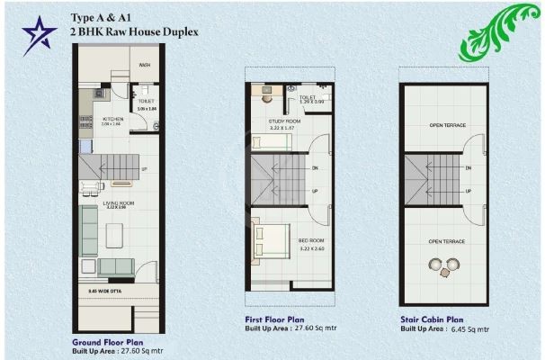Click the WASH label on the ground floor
click(x=145, y=65)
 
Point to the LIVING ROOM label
click(x=121, y=204)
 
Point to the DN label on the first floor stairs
click(x=314, y=168)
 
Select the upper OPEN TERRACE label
click(x=447, y=125)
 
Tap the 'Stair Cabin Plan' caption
click(x=432, y=319)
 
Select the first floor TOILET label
click(x=308, y=96)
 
